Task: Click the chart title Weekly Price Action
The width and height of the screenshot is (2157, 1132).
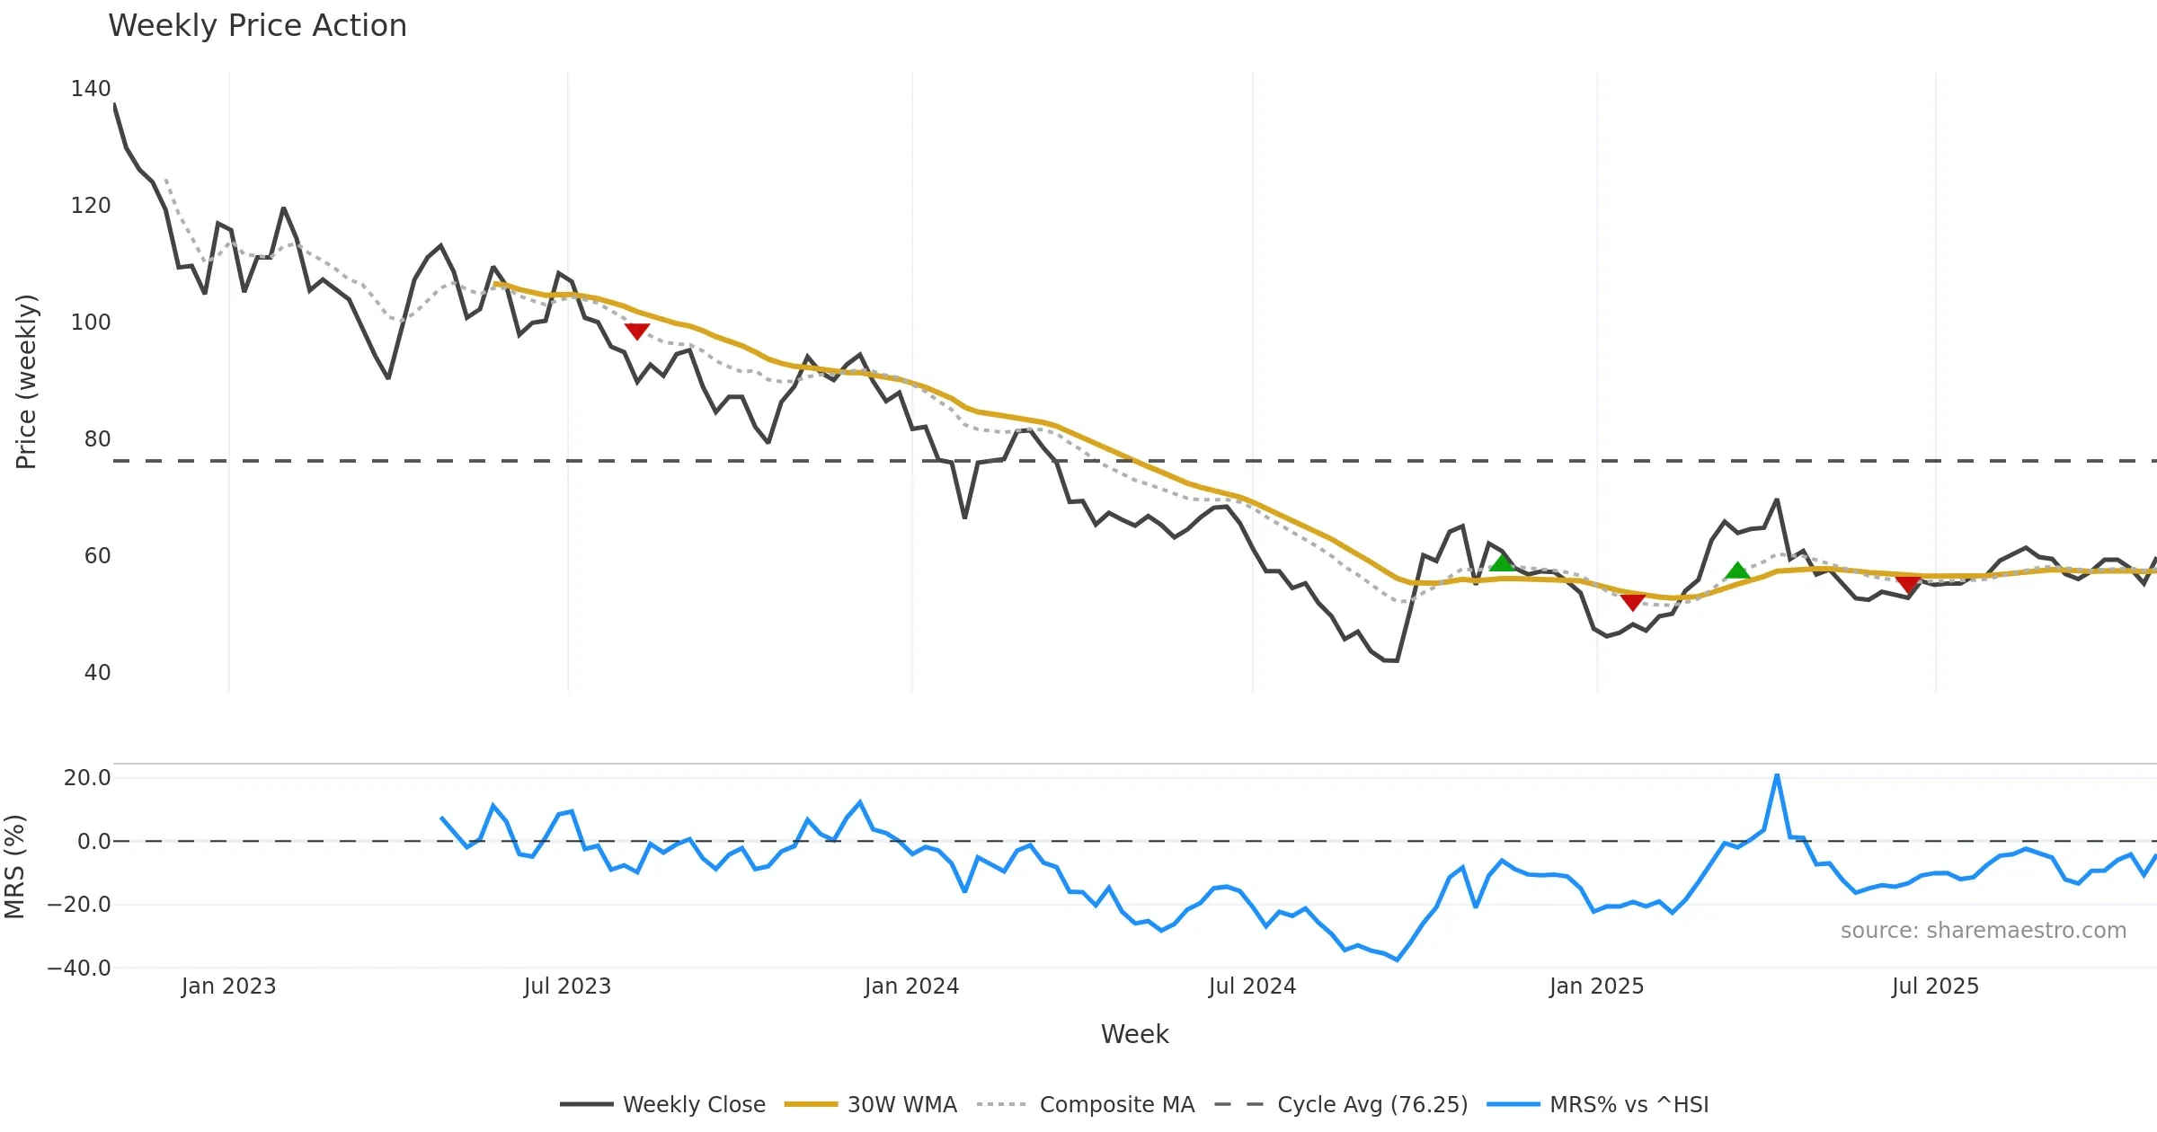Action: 257,26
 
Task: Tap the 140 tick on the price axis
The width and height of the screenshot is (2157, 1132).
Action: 91,89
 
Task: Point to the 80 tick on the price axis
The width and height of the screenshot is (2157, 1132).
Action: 97,439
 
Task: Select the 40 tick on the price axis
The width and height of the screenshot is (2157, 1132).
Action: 97,673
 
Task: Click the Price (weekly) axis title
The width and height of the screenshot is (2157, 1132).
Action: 26,382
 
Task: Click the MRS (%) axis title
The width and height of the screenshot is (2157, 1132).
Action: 14,867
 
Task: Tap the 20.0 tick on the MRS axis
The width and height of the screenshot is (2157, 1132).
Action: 87,778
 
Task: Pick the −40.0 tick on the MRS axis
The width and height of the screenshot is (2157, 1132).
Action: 80,968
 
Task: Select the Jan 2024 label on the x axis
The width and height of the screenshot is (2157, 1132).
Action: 911,986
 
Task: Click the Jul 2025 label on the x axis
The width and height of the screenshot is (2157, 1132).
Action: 1935,986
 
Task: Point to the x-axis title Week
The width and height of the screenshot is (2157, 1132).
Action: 1134,1035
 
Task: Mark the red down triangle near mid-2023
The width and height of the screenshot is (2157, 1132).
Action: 637,332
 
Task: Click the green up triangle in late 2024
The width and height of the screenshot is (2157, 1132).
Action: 1502,563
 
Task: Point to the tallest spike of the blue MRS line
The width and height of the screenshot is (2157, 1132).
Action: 1777,775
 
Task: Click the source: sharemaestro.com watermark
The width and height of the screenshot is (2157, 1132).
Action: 1983,931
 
